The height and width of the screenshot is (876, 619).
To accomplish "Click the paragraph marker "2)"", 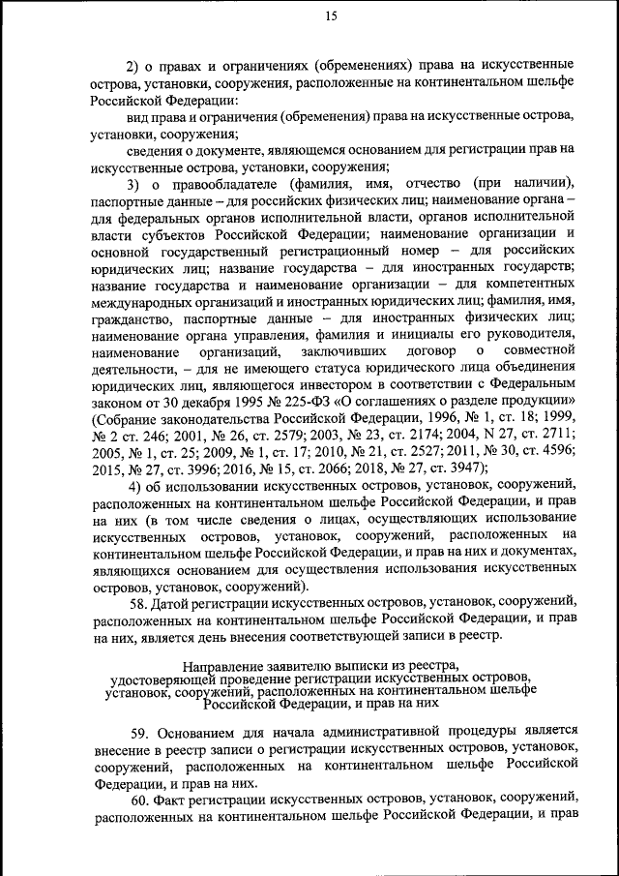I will tap(134, 66).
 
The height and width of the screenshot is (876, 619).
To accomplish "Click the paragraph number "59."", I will tap(137, 729).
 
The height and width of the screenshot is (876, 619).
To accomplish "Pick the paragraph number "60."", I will tap(137, 801).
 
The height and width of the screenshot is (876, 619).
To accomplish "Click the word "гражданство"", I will tap(131, 316).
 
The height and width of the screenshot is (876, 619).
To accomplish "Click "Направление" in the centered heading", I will tap(224, 666).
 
